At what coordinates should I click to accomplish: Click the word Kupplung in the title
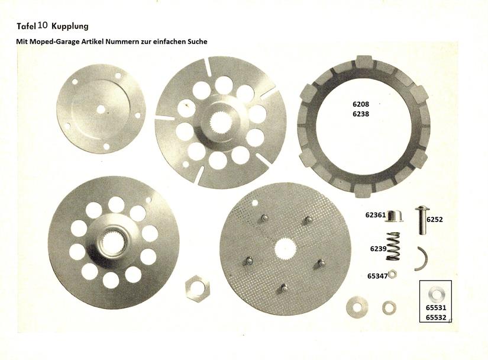pyautogui.click(x=70, y=26)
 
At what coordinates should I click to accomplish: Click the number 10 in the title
pyautogui.click(x=43, y=25)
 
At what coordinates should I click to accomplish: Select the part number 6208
pyautogui.click(x=361, y=104)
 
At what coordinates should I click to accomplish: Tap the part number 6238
pyautogui.click(x=361, y=114)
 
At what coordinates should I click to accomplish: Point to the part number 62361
pyautogui.click(x=376, y=215)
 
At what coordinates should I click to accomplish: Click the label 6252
pyautogui.click(x=435, y=220)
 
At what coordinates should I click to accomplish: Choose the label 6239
pyautogui.click(x=378, y=249)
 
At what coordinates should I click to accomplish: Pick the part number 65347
pyautogui.click(x=377, y=276)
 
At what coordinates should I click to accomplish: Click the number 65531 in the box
pyautogui.click(x=436, y=308)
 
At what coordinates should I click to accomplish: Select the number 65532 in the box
pyautogui.click(x=436, y=317)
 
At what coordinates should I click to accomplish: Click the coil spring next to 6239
pyautogui.click(x=393, y=246)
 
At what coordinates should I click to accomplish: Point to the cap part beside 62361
pyautogui.click(x=395, y=216)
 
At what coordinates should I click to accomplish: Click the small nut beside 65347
pyautogui.click(x=392, y=274)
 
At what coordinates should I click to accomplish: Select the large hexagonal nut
pyautogui.click(x=198, y=288)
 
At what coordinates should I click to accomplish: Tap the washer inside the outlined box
pyautogui.click(x=436, y=294)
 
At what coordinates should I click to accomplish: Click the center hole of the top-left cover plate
pyautogui.click(x=101, y=110)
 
